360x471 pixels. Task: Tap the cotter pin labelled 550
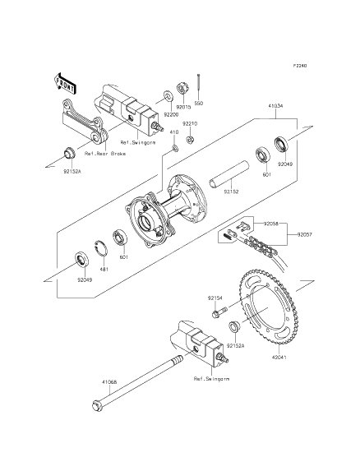[x=201, y=86]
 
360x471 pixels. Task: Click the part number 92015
[x=183, y=106]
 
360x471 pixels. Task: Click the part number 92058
[x=272, y=224]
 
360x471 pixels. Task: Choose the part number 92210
[x=190, y=123]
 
